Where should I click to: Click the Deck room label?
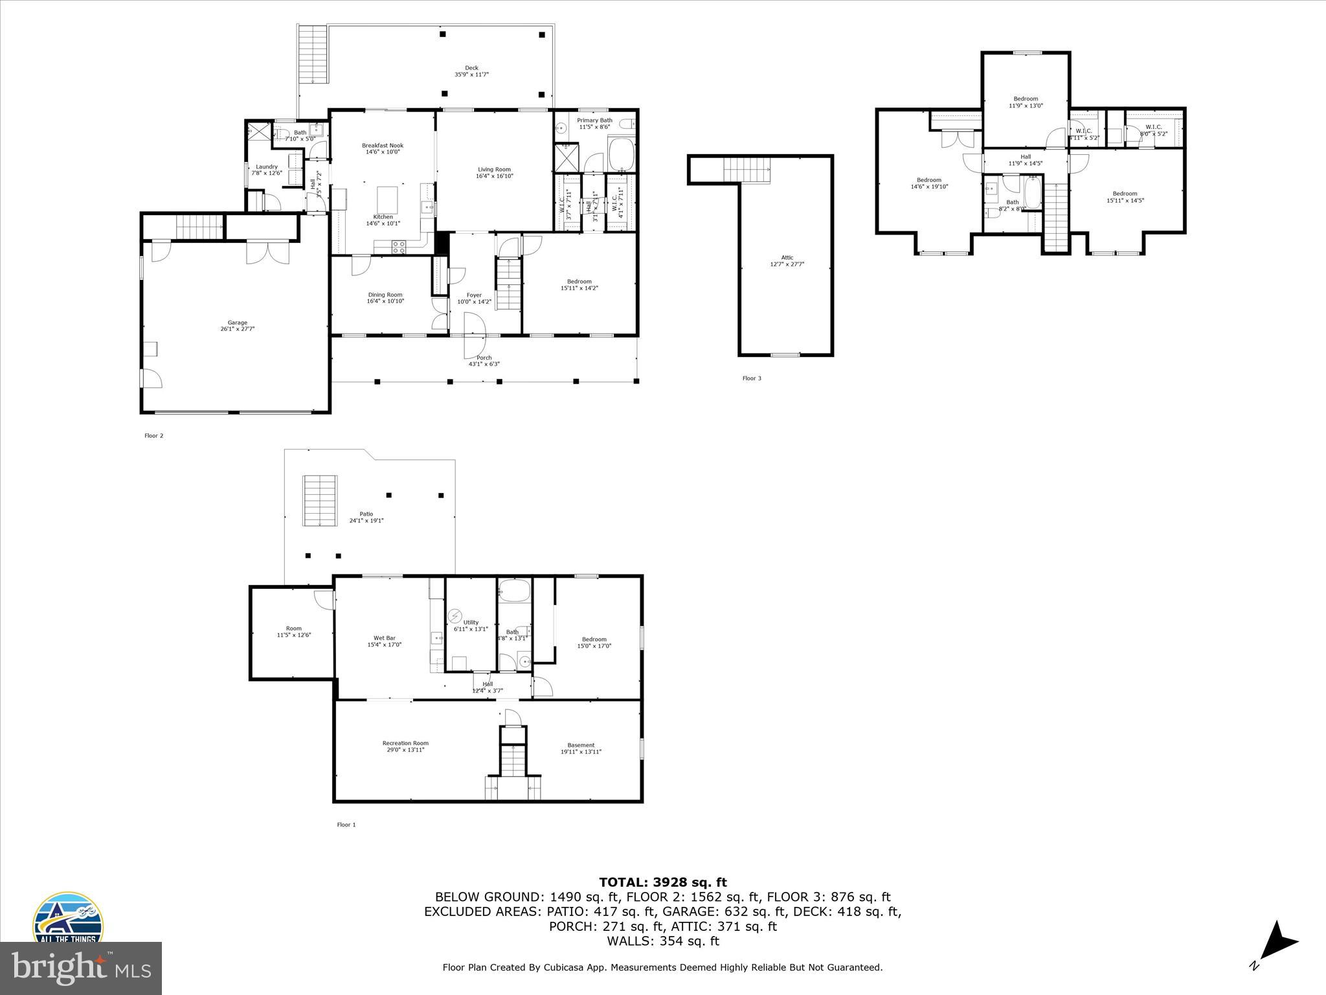471,68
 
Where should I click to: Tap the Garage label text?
237,323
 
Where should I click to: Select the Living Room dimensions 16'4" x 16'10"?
494,176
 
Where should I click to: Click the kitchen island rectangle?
387,196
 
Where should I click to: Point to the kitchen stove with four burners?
399,247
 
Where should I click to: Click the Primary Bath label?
594,120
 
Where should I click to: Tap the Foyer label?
474,295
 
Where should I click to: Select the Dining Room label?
385,295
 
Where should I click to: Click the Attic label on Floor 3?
787,258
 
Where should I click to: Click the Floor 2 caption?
154,436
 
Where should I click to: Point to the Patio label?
366,514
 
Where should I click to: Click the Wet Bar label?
385,638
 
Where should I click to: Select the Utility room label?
471,623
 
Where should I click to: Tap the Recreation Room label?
405,743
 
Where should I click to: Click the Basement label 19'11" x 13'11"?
581,749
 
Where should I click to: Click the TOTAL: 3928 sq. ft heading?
662,882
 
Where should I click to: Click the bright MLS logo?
81,968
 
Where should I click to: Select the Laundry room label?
267,166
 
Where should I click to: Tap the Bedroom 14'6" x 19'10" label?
928,183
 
